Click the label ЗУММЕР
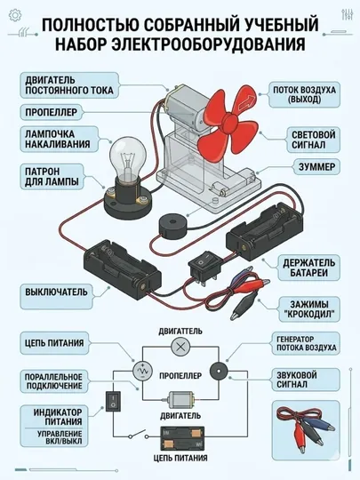tap(316, 167)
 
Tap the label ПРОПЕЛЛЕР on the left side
tap(52, 112)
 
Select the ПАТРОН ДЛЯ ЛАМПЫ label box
tap(52, 177)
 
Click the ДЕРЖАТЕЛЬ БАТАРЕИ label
tap(308, 268)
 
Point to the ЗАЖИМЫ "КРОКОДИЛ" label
tap(309, 309)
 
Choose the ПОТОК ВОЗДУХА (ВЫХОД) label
tap(304, 94)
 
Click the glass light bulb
tap(128, 159)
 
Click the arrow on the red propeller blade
tap(246, 102)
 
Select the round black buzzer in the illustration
tap(172, 225)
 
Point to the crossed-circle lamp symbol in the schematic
tap(180, 347)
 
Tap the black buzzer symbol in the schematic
tap(219, 371)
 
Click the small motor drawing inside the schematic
tap(180, 399)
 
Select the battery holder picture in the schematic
tap(182, 437)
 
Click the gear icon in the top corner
tap(15, 15)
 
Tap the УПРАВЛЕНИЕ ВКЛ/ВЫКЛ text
tap(60, 437)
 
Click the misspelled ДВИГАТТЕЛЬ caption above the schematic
tap(180, 332)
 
